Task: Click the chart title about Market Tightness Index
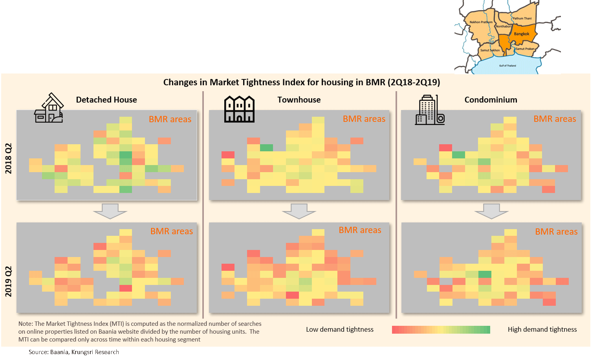pyautogui.click(x=301, y=82)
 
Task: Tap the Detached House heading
pyautogui.click(x=106, y=100)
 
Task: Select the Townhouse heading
pyautogui.click(x=299, y=100)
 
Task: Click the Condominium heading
pyautogui.click(x=491, y=100)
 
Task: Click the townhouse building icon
pyautogui.click(x=239, y=109)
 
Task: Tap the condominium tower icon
pyautogui.click(x=429, y=110)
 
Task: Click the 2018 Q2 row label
pyautogui.click(x=9, y=158)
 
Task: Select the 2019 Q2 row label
pyautogui.click(x=9, y=281)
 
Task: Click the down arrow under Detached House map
pyautogui.click(x=110, y=211)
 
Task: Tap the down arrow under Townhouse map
pyautogui.click(x=299, y=211)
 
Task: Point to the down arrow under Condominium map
pyautogui.click(x=491, y=211)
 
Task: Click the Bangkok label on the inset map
pyautogui.click(x=522, y=34)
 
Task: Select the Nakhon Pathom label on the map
pyautogui.click(x=481, y=22)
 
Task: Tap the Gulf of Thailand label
pyautogui.click(x=507, y=66)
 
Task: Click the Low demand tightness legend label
pyautogui.click(x=340, y=329)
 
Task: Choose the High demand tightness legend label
pyautogui.click(x=542, y=329)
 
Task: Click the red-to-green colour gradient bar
pyautogui.click(x=441, y=330)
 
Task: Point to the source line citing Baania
pyautogui.click(x=74, y=352)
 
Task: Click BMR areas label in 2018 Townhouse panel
pyautogui.click(x=364, y=119)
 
